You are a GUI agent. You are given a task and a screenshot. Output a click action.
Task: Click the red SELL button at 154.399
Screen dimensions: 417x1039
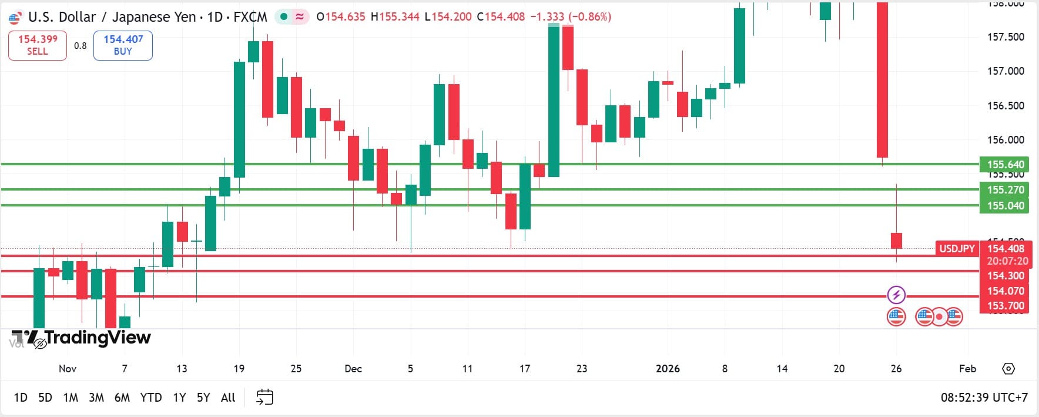point(38,45)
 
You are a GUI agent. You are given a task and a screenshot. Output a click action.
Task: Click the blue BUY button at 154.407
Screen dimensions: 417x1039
point(123,45)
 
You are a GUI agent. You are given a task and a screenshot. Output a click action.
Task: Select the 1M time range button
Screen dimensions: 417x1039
point(71,398)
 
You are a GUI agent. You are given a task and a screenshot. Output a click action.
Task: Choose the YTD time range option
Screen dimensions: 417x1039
point(151,398)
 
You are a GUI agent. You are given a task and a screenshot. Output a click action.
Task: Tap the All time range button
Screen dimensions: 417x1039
point(228,398)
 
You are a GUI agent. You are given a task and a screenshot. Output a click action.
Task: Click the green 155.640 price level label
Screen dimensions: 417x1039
point(1005,165)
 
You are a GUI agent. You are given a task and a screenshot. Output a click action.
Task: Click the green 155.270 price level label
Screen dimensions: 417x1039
point(1005,190)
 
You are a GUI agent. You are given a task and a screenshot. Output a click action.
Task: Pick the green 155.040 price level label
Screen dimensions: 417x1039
point(1005,206)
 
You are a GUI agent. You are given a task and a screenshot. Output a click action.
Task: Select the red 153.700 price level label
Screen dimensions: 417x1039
point(1005,306)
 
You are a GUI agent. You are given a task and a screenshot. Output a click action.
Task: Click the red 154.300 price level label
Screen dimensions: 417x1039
point(1005,276)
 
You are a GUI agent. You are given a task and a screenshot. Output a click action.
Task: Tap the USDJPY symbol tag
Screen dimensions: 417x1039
point(956,249)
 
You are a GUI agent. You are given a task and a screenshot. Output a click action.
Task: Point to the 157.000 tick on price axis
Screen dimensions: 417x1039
point(1005,71)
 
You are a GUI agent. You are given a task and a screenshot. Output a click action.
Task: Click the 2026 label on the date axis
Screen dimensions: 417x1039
point(668,369)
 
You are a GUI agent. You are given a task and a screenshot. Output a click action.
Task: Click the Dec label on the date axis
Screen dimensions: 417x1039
point(353,369)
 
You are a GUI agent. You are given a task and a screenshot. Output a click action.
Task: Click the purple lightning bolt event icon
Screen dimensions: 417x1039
point(896,295)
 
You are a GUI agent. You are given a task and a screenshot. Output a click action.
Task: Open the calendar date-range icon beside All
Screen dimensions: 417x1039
point(264,398)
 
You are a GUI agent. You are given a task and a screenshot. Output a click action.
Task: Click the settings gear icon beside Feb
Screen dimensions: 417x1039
point(1008,369)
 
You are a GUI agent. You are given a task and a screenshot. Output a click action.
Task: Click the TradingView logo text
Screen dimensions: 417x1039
point(97,338)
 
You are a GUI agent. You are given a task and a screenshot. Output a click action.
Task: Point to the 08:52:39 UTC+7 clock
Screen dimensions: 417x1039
point(984,398)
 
